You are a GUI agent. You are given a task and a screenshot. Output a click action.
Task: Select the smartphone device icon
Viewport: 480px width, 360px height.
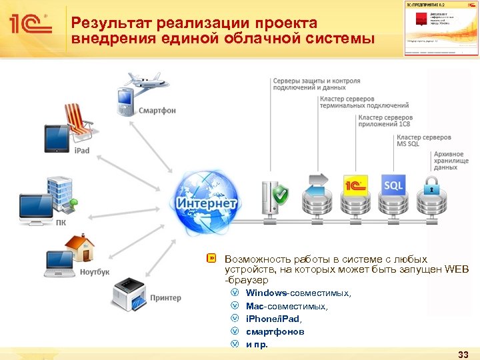pyautogui.click(x=126, y=101)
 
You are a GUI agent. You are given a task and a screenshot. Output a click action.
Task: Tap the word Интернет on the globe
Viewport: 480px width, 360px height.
pyautogui.click(x=207, y=202)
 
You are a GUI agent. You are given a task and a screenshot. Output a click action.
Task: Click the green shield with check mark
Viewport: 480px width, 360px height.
pyautogui.click(x=281, y=195)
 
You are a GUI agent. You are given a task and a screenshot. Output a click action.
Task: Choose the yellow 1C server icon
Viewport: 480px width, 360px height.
pyautogui.click(x=355, y=185)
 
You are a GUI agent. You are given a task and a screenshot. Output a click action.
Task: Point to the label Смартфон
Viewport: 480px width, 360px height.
pyautogui.click(x=157, y=111)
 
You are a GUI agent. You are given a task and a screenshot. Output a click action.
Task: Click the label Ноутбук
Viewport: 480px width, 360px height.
pyautogui.click(x=95, y=272)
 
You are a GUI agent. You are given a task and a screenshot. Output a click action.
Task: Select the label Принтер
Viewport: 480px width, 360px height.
pyautogui.click(x=165, y=298)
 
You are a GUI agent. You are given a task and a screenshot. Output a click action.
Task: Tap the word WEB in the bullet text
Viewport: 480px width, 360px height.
pyautogui.click(x=457, y=269)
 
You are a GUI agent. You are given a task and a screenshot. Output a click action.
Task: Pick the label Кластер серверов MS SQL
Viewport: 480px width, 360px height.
pyautogui.click(x=424, y=141)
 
